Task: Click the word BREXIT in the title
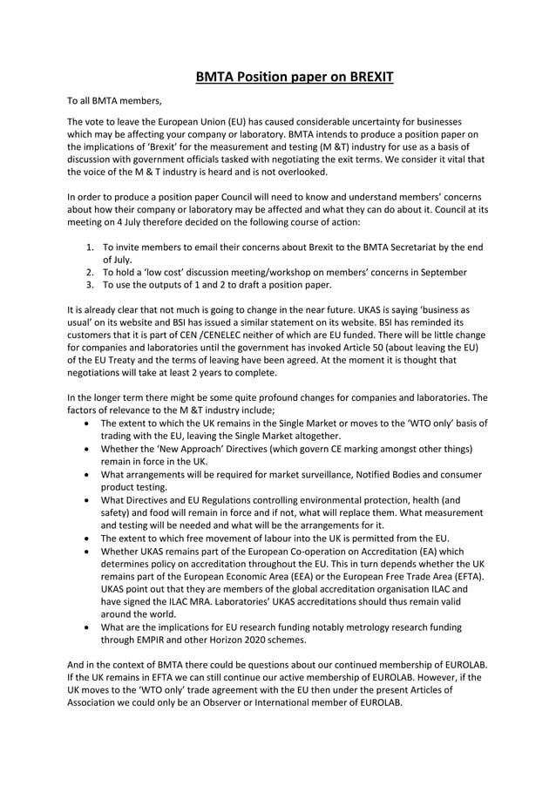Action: point(362,78)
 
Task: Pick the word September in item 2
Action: point(444,272)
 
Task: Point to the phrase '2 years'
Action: point(197,371)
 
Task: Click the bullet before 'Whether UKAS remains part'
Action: point(90,552)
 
